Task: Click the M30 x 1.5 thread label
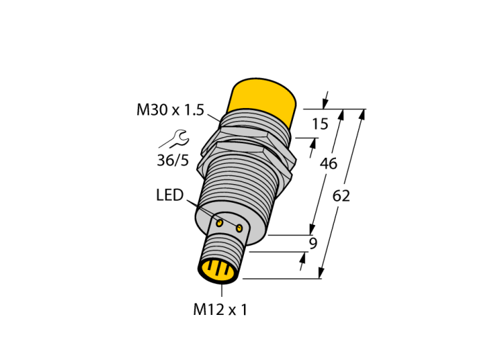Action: tap(170, 110)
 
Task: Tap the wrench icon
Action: tap(178, 138)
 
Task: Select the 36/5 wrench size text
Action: tap(173, 161)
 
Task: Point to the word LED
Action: tap(170, 195)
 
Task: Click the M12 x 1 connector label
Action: tap(220, 309)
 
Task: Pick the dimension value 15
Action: tap(320, 124)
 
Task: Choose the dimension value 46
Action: tap(328, 163)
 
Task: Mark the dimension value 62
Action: tap(341, 196)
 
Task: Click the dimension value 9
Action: tap(313, 244)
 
